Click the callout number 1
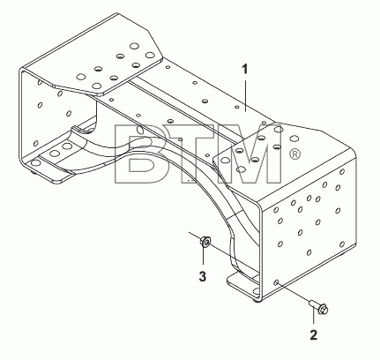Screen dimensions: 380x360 (244, 70)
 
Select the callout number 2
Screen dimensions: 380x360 (314, 335)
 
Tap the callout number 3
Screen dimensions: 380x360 (203, 276)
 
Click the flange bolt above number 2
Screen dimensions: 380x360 (319, 306)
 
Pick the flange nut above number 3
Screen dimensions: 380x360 (205, 242)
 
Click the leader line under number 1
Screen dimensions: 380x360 (245, 94)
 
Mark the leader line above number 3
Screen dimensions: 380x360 (203, 258)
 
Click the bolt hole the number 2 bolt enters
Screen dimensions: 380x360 (276, 282)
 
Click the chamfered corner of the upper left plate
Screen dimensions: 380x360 (155, 45)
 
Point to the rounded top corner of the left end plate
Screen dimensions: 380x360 (21, 71)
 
